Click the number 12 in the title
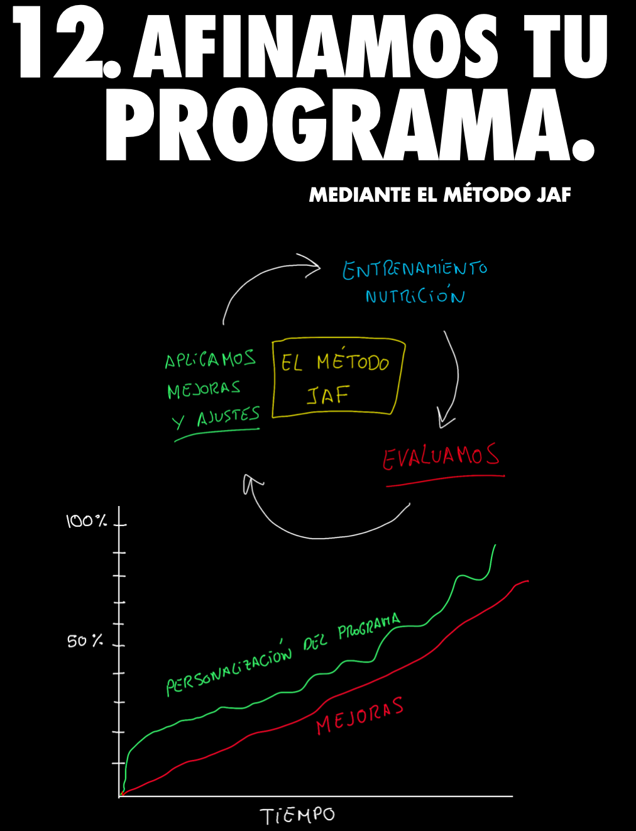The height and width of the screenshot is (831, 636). coord(60,45)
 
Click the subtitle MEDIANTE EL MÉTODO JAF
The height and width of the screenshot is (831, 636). coord(439,195)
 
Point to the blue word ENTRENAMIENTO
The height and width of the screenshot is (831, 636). coord(415,270)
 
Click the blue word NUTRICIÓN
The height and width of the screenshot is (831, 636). coord(415,296)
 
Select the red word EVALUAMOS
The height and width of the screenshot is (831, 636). coord(441,456)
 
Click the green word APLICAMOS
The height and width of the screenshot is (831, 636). coord(210,360)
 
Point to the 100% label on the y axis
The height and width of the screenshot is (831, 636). coord(86,521)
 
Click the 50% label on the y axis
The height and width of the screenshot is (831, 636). coord(85,641)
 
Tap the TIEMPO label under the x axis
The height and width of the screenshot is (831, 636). coord(298,816)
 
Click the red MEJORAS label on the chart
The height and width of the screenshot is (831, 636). coord(359,716)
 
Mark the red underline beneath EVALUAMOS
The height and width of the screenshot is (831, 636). coord(445,481)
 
